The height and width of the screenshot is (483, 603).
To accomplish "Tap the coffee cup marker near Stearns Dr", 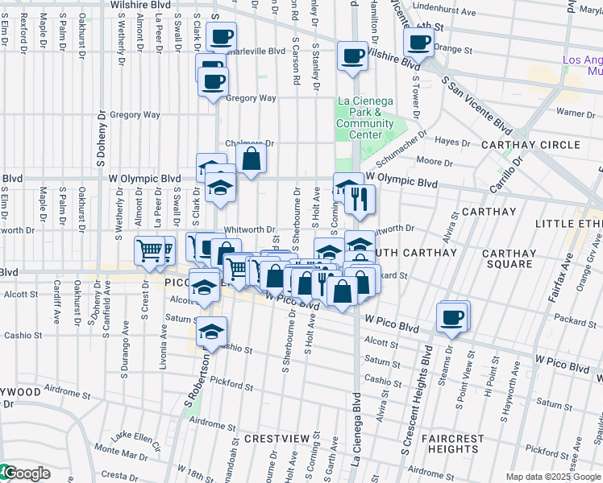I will [451, 317].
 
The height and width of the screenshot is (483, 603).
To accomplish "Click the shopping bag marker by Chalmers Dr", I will [252, 158].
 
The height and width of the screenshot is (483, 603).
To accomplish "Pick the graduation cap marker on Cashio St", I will [211, 332].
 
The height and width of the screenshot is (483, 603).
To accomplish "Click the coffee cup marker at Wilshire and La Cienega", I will [352, 56].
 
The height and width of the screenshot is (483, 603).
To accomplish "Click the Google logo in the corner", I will [26, 473].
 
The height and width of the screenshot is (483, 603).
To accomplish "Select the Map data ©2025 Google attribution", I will [553, 477].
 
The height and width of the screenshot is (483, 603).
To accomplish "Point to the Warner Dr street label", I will [575, 114].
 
